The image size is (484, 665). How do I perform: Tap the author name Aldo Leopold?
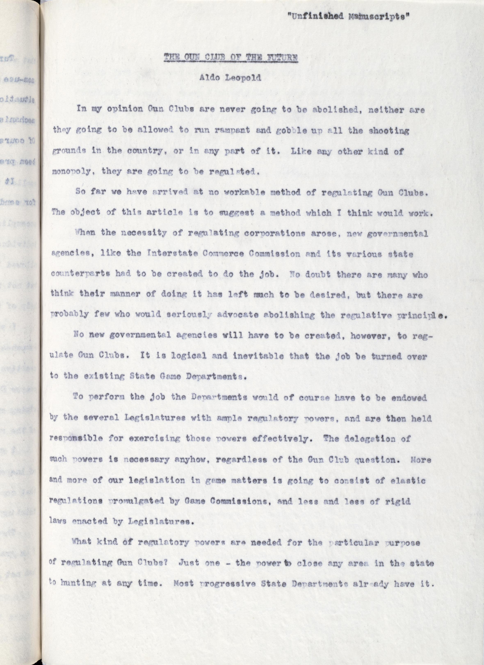(230, 78)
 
